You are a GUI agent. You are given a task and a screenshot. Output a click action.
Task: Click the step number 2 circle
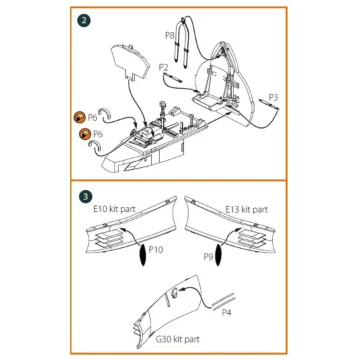tap(84, 21)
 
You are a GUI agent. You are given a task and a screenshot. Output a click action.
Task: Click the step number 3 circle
tap(85, 197)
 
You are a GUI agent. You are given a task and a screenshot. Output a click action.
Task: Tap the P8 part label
tap(170, 35)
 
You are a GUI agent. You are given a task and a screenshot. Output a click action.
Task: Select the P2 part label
tap(163, 67)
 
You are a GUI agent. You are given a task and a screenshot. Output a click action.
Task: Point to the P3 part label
tap(273, 97)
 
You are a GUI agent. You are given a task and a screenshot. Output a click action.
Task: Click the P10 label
tap(156, 249)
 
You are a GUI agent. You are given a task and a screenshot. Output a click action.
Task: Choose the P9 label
tap(208, 257)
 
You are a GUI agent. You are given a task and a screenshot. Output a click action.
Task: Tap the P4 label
tap(227, 312)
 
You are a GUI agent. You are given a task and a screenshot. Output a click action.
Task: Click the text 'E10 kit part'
tap(115, 209)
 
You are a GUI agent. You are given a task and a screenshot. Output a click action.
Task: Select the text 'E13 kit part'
tap(247, 209)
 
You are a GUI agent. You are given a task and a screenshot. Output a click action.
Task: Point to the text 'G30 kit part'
tap(177, 339)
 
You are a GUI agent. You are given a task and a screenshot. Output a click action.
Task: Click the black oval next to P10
tap(143, 255)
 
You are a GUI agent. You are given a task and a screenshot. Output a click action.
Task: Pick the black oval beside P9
tap(219, 255)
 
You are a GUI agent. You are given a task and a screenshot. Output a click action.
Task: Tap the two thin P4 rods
tap(223, 302)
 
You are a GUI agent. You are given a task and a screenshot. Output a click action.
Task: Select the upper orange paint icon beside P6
tap(80, 117)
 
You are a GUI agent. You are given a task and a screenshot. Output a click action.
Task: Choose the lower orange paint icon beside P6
tap(85, 134)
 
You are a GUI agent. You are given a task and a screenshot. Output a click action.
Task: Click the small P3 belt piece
tap(269, 104)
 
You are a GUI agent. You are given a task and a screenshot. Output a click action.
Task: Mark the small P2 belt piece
tap(173, 77)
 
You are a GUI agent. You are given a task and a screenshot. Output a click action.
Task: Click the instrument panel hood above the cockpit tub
tap(130, 62)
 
